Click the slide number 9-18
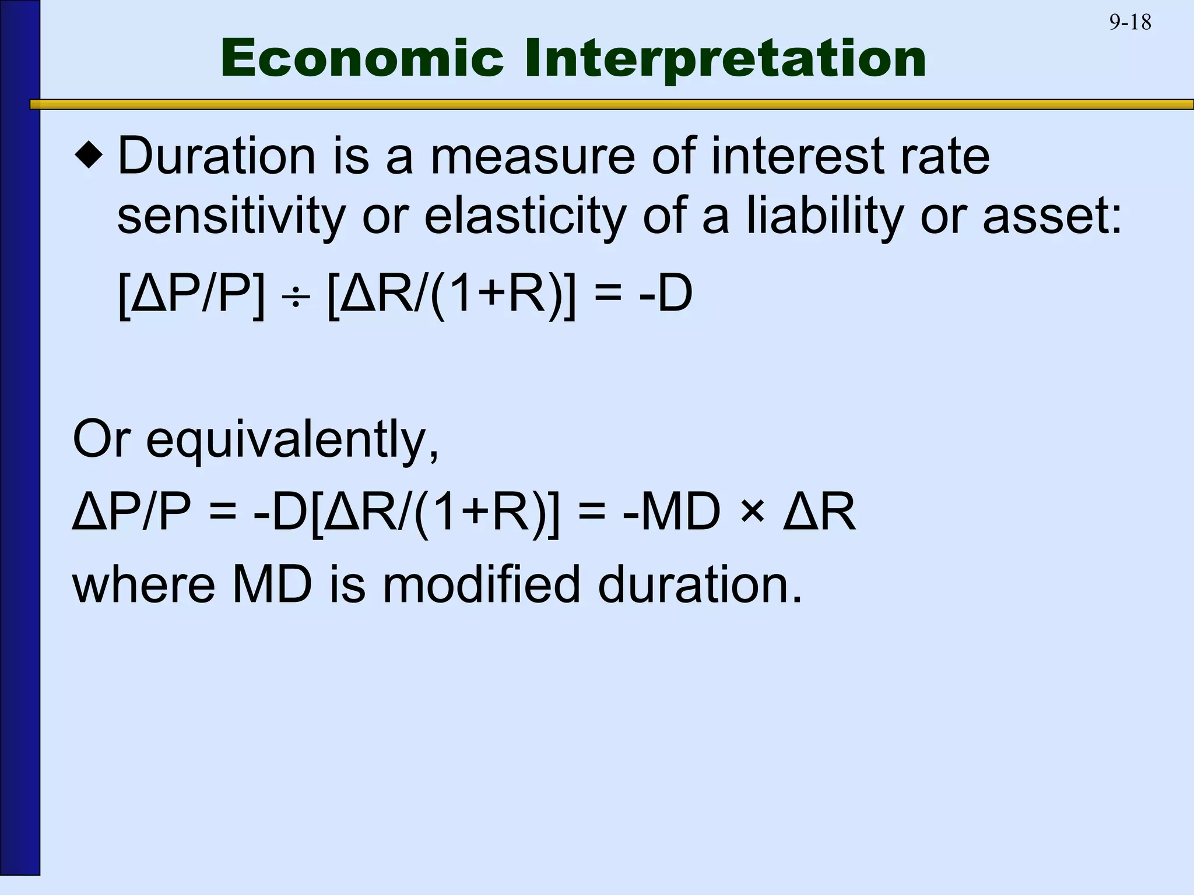[1130, 23]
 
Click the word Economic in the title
[361, 58]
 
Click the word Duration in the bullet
[216, 156]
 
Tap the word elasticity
[525, 217]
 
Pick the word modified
[482, 584]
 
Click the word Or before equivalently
[100, 439]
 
